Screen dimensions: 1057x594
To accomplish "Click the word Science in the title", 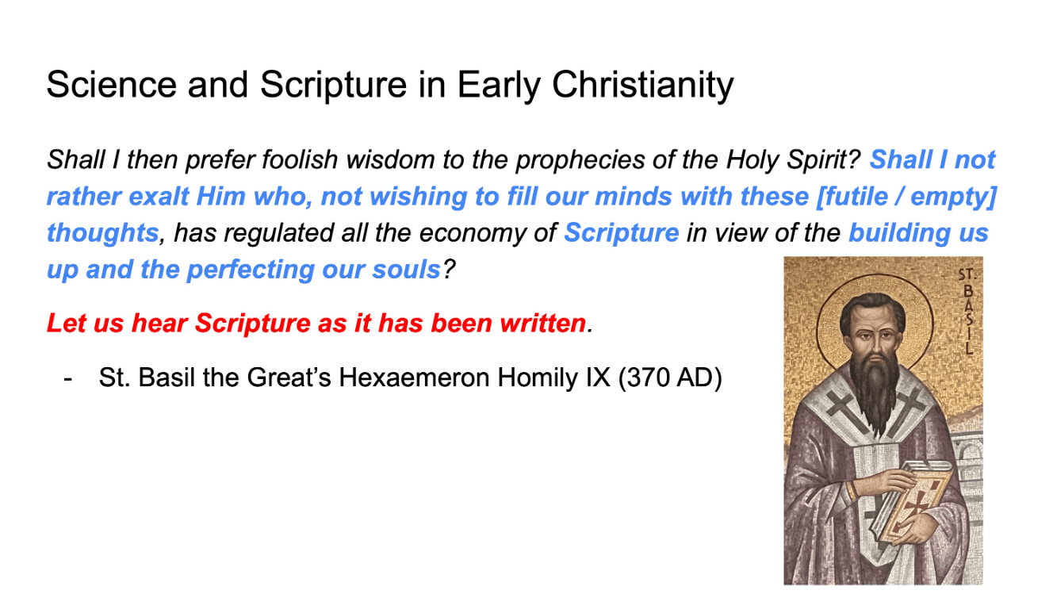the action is click(x=111, y=85).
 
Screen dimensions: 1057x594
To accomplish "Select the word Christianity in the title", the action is click(x=643, y=86).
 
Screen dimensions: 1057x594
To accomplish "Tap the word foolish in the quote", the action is click(x=300, y=159).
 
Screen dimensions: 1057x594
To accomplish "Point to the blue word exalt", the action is click(x=159, y=196).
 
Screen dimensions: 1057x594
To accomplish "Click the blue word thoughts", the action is click(x=102, y=233).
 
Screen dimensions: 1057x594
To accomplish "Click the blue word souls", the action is click(x=406, y=270).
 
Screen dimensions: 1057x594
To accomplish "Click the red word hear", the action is click(x=159, y=324).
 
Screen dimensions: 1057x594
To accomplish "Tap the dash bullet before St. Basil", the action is click(x=68, y=378).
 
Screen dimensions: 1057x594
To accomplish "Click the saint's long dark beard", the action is click(x=875, y=392).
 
